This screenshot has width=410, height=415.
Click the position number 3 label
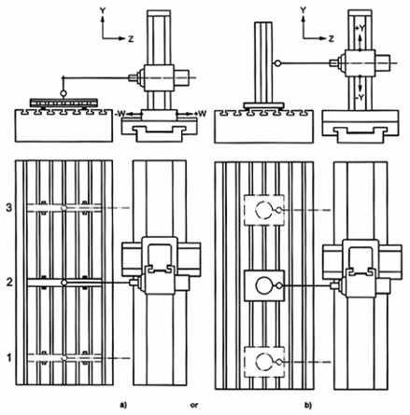point(9,207)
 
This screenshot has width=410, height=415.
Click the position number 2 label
point(9,283)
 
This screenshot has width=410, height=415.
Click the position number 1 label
point(9,358)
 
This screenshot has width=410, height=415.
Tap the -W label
point(120,114)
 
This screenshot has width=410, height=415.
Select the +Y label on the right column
point(360,28)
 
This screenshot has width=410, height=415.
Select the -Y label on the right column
point(360,97)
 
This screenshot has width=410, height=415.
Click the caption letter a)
point(124,405)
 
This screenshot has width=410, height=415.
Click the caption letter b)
point(308,405)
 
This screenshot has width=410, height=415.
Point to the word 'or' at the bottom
point(194,406)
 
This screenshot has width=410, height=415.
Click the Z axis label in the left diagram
point(131,39)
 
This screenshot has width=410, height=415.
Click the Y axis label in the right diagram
point(303,10)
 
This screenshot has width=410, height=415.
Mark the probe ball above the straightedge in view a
point(64,93)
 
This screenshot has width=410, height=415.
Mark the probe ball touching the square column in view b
point(277,63)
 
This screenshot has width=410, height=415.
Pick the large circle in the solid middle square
point(263,285)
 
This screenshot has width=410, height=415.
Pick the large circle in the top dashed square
point(263,210)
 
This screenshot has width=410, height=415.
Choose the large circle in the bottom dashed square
point(263,362)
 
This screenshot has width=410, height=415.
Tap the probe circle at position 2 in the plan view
point(64,283)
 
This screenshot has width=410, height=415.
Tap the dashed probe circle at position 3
point(64,208)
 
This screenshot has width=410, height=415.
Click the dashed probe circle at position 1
point(64,358)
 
